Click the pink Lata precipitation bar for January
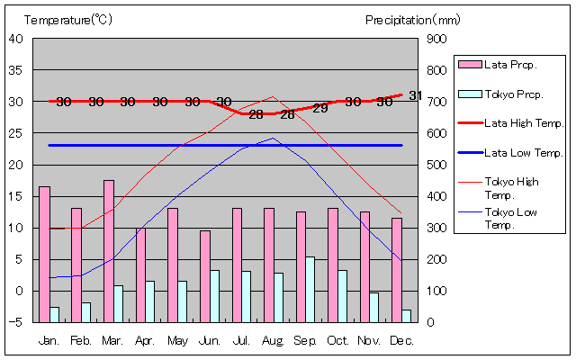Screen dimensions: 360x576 point(44,254)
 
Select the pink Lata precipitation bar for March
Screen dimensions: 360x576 point(109,251)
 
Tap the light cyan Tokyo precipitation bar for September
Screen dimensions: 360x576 point(310,289)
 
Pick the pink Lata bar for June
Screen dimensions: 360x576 point(205,276)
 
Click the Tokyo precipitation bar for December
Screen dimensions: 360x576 point(407,315)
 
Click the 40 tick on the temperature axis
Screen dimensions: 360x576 point(15,39)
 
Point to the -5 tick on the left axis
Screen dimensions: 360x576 point(17,322)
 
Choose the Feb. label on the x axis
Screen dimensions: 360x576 point(80,340)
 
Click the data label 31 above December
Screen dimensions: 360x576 point(415,95)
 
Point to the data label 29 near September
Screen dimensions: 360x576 point(320,108)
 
